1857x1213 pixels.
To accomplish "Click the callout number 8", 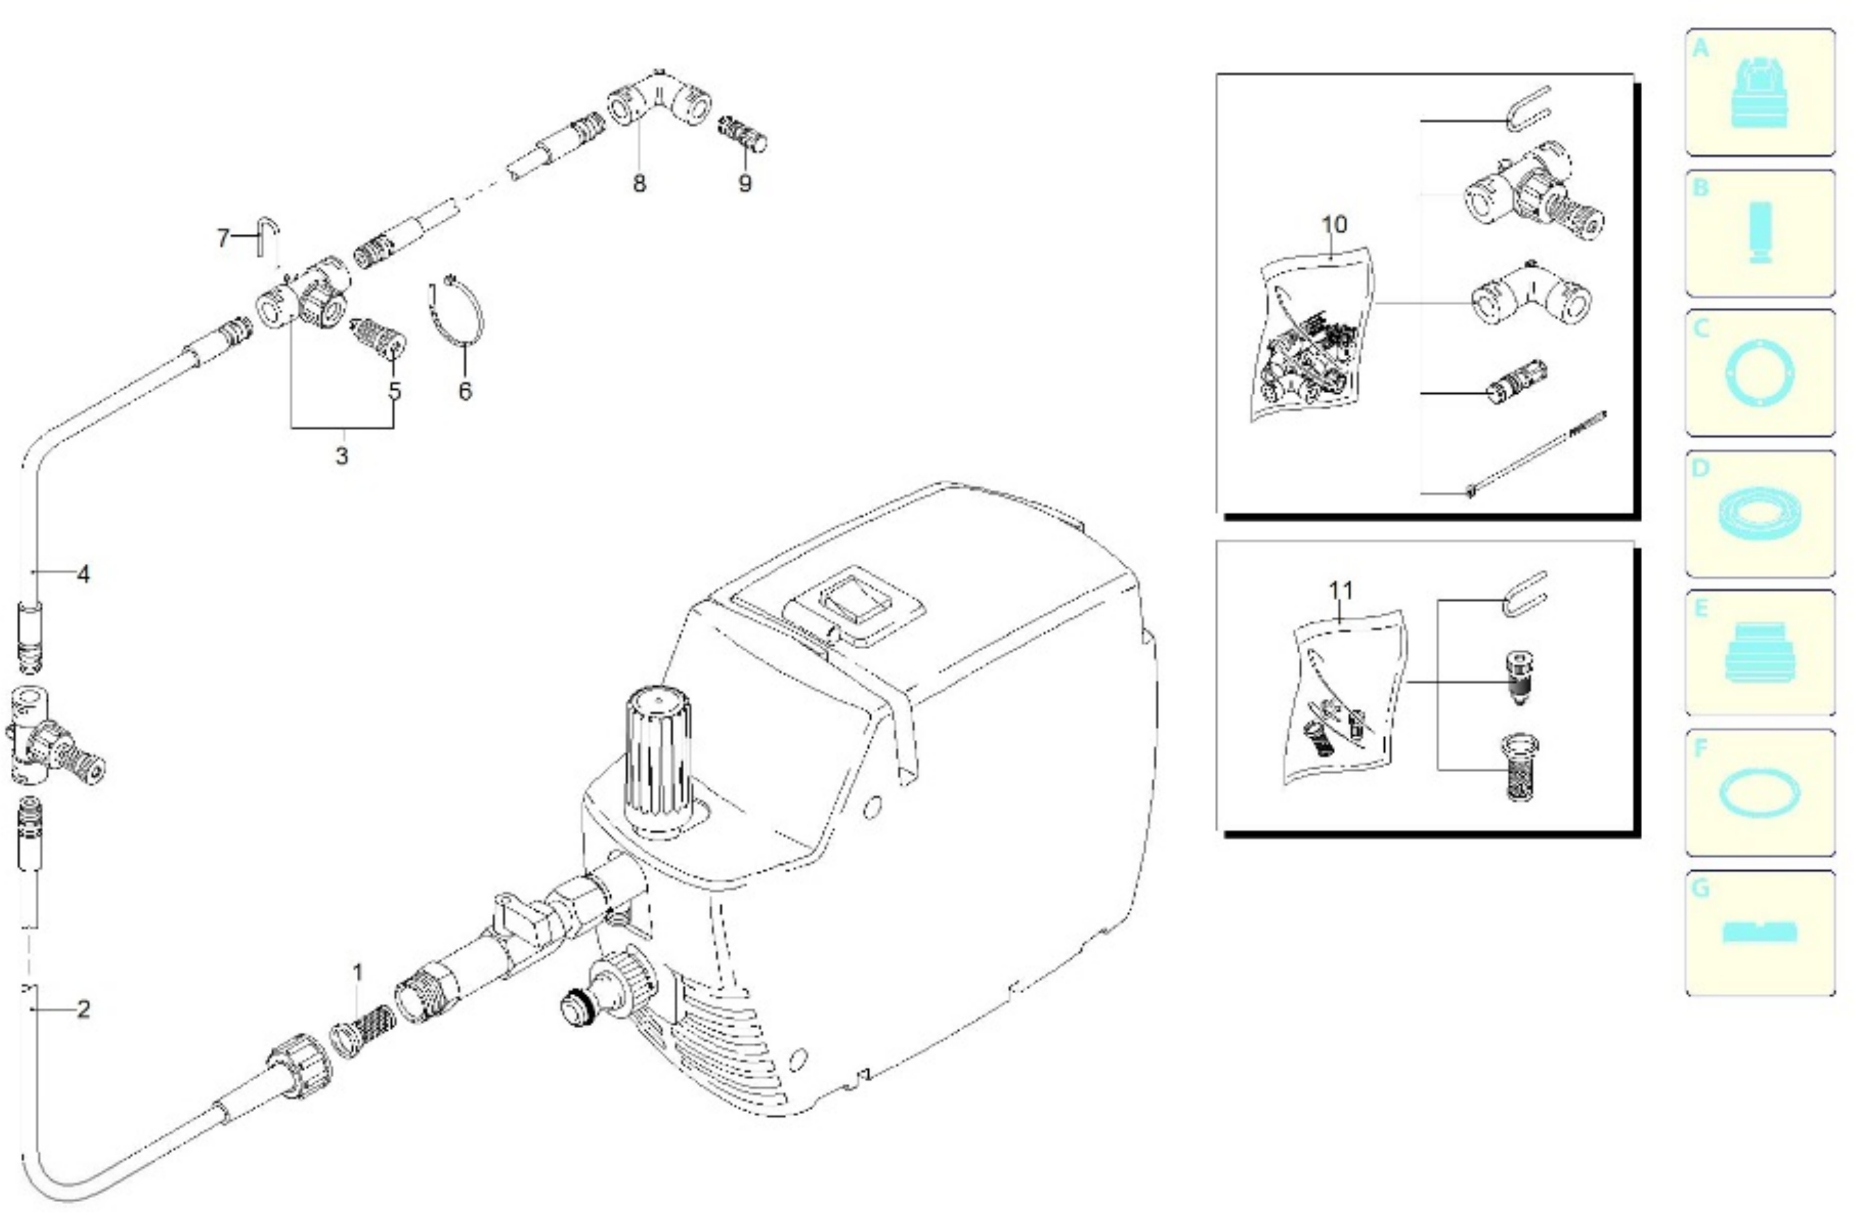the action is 639,183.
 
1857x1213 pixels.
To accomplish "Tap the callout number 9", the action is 745,183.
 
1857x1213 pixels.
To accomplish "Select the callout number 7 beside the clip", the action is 223,237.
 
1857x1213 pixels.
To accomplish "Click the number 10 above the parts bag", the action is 1334,225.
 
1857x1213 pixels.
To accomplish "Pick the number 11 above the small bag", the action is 1341,591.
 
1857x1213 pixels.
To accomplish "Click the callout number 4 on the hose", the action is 84,575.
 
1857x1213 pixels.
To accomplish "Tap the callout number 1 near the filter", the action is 357,973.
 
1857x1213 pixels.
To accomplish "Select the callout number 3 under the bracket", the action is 342,456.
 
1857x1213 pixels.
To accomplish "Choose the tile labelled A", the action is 1760,92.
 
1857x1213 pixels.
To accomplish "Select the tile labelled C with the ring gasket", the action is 1760,373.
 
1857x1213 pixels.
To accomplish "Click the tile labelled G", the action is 1760,933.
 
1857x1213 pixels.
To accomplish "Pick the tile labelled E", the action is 1760,653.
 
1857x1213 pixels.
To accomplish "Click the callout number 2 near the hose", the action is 84,1009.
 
